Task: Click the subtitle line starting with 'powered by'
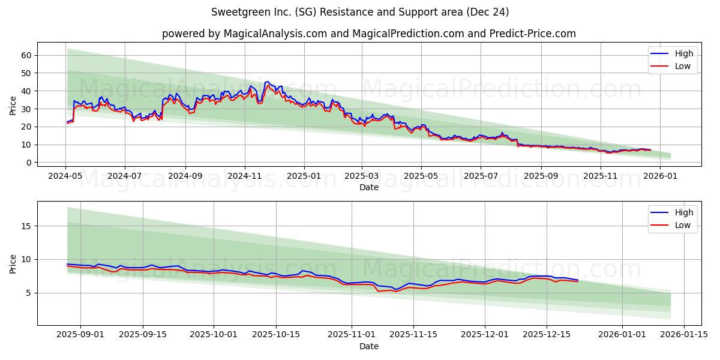368,34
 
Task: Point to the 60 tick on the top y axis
26,55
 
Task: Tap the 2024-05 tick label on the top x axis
65,176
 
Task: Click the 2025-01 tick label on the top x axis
304,176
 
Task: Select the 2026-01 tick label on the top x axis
660,176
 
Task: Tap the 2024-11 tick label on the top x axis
244,176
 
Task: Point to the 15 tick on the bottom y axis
26,226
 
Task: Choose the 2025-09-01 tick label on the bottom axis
80,335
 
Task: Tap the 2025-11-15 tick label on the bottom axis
412,335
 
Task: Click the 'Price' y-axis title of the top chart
13,105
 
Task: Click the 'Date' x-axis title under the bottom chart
368,346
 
